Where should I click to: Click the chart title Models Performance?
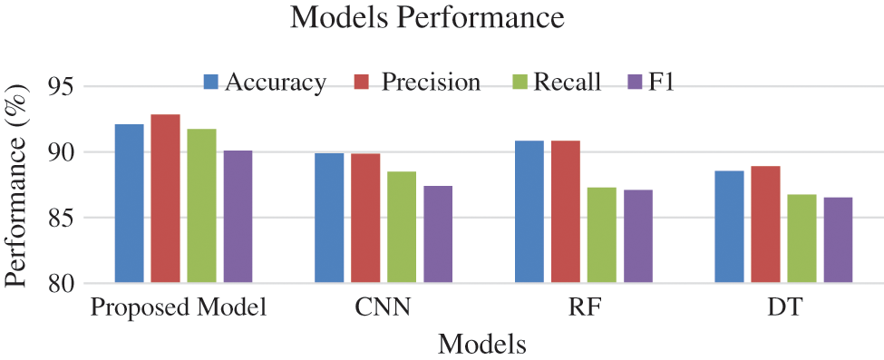coord(427,18)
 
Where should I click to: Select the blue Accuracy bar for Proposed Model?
coord(129,204)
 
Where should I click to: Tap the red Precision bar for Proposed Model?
coord(165,199)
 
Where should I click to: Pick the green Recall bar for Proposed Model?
coord(201,206)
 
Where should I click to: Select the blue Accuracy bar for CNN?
coord(329,219)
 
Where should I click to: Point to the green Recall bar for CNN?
coord(402,228)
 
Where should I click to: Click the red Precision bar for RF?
coord(566,212)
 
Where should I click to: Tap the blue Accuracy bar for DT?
coord(729,227)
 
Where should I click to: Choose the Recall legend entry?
coord(556,83)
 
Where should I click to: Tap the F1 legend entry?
coord(652,83)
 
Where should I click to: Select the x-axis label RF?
coord(583,308)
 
